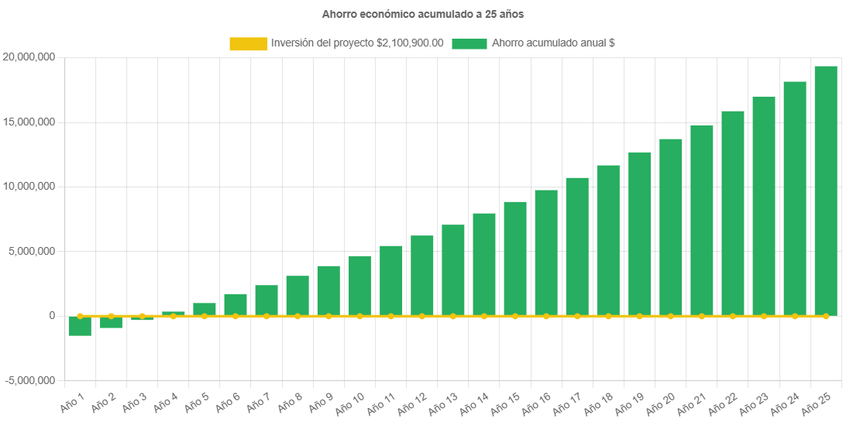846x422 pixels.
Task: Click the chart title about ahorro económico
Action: coord(422,14)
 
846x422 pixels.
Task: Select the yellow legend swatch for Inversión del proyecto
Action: coord(248,44)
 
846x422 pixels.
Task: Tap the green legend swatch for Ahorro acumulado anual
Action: coord(469,44)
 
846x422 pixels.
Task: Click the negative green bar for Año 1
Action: coord(80,326)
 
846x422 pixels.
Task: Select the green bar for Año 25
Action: coord(826,190)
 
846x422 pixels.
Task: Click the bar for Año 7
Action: coord(267,300)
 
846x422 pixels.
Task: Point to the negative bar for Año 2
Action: coord(111,322)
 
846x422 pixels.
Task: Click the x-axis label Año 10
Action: coord(349,403)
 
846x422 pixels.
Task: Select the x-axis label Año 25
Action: coord(816,403)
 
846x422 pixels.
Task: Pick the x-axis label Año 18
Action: coord(598,403)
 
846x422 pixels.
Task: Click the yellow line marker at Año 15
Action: coord(515,316)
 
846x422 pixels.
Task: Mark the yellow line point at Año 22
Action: coord(733,316)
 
